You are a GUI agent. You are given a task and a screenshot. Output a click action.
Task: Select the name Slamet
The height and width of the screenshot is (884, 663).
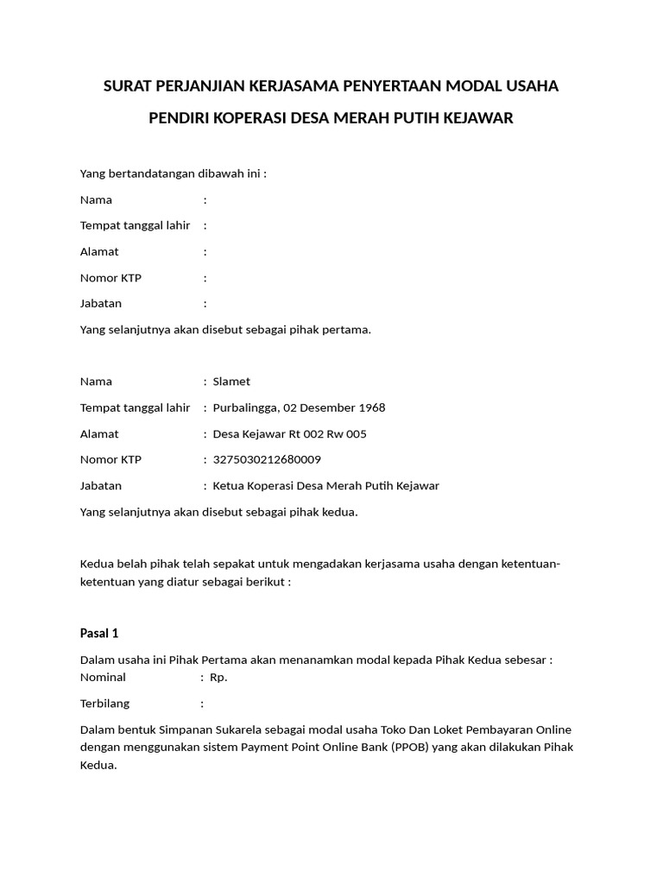pyautogui.click(x=231, y=382)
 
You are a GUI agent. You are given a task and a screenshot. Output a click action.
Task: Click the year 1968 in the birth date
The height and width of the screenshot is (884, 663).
pyautogui.click(x=370, y=407)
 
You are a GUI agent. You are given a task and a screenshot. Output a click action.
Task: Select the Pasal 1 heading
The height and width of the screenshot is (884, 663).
pyautogui.click(x=98, y=633)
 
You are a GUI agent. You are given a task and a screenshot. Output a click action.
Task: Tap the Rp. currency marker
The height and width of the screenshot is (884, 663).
pyautogui.click(x=218, y=677)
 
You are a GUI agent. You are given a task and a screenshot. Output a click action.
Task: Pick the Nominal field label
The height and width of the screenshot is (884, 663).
pyautogui.click(x=103, y=677)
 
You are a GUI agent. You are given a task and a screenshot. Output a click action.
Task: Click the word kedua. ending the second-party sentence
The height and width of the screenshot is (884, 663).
pyautogui.click(x=340, y=512)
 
